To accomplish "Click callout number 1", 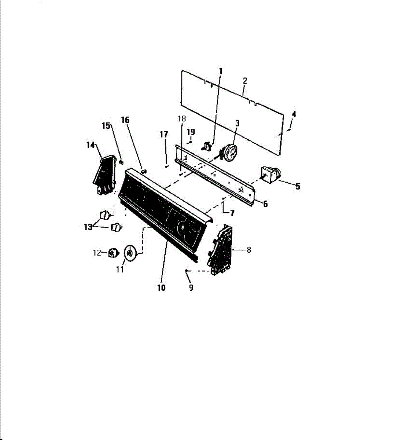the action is tap(221, 71).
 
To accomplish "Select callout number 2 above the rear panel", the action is tap(245, 81).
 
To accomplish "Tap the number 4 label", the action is tap(294, 114).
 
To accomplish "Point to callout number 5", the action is tap(298, 187).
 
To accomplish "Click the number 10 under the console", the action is tap(161, 288).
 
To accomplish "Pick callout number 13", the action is tap(88, 227).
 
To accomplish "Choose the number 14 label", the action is tap(90, 145).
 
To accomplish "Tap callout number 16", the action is tap(125, 120).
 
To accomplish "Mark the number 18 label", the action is tap(182, 118).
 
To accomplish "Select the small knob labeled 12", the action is tap(114, 253).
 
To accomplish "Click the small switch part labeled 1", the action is tap(207, 146).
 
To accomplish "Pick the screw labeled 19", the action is tap(190, 142).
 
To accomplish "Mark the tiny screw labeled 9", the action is tap(187, 271).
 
